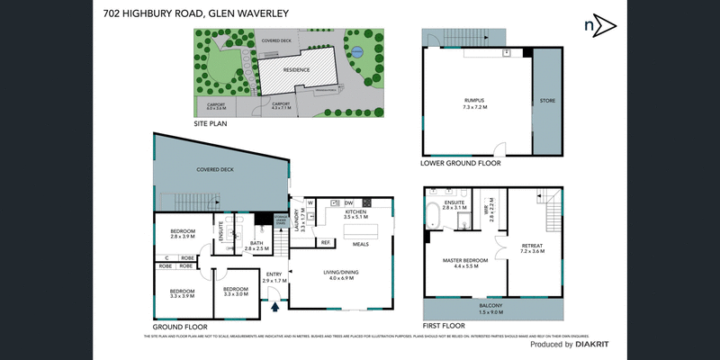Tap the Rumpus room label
[474, 103]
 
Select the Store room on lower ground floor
[546, 101]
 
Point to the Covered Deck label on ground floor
[215, 169]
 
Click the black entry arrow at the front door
[276, 307]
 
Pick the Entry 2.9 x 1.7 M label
[274, 277]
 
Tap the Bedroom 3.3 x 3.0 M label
[236, 292]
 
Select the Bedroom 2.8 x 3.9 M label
[183, 234]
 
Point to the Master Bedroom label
[464, 263]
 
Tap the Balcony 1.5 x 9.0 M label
[491, 309]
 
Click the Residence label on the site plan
[297, 69]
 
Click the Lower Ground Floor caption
[460, 164]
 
